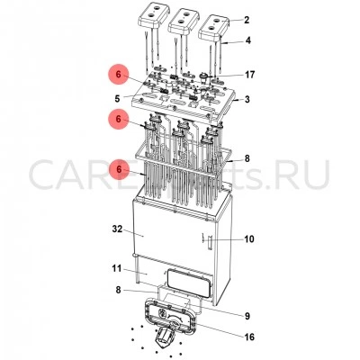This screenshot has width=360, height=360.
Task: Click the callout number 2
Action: [247, 20]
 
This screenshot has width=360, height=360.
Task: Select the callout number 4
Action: [247, 40]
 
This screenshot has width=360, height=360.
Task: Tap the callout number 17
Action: [250, 75]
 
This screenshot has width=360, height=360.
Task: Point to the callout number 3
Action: [247, 99]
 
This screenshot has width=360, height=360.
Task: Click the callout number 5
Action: [117, 98]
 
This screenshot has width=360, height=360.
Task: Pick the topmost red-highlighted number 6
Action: [119, 75]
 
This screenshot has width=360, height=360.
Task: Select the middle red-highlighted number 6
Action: [119, 119]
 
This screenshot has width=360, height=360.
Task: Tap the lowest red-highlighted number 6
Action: [119, 169]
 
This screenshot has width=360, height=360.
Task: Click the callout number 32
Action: [117, 229]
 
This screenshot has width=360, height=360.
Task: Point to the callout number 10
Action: [249, 239]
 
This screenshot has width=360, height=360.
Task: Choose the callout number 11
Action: [117, 268]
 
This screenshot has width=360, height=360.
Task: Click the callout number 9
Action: [247, 316]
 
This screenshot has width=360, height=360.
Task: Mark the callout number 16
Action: [249, 337]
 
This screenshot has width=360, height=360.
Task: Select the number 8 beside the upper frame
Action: [247, 158]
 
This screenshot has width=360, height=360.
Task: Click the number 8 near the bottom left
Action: [118, 290]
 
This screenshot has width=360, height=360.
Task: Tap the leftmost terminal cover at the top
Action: [152, 19]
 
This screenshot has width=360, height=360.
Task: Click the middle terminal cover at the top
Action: [183, 22]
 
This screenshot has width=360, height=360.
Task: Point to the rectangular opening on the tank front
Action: [189, 283]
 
